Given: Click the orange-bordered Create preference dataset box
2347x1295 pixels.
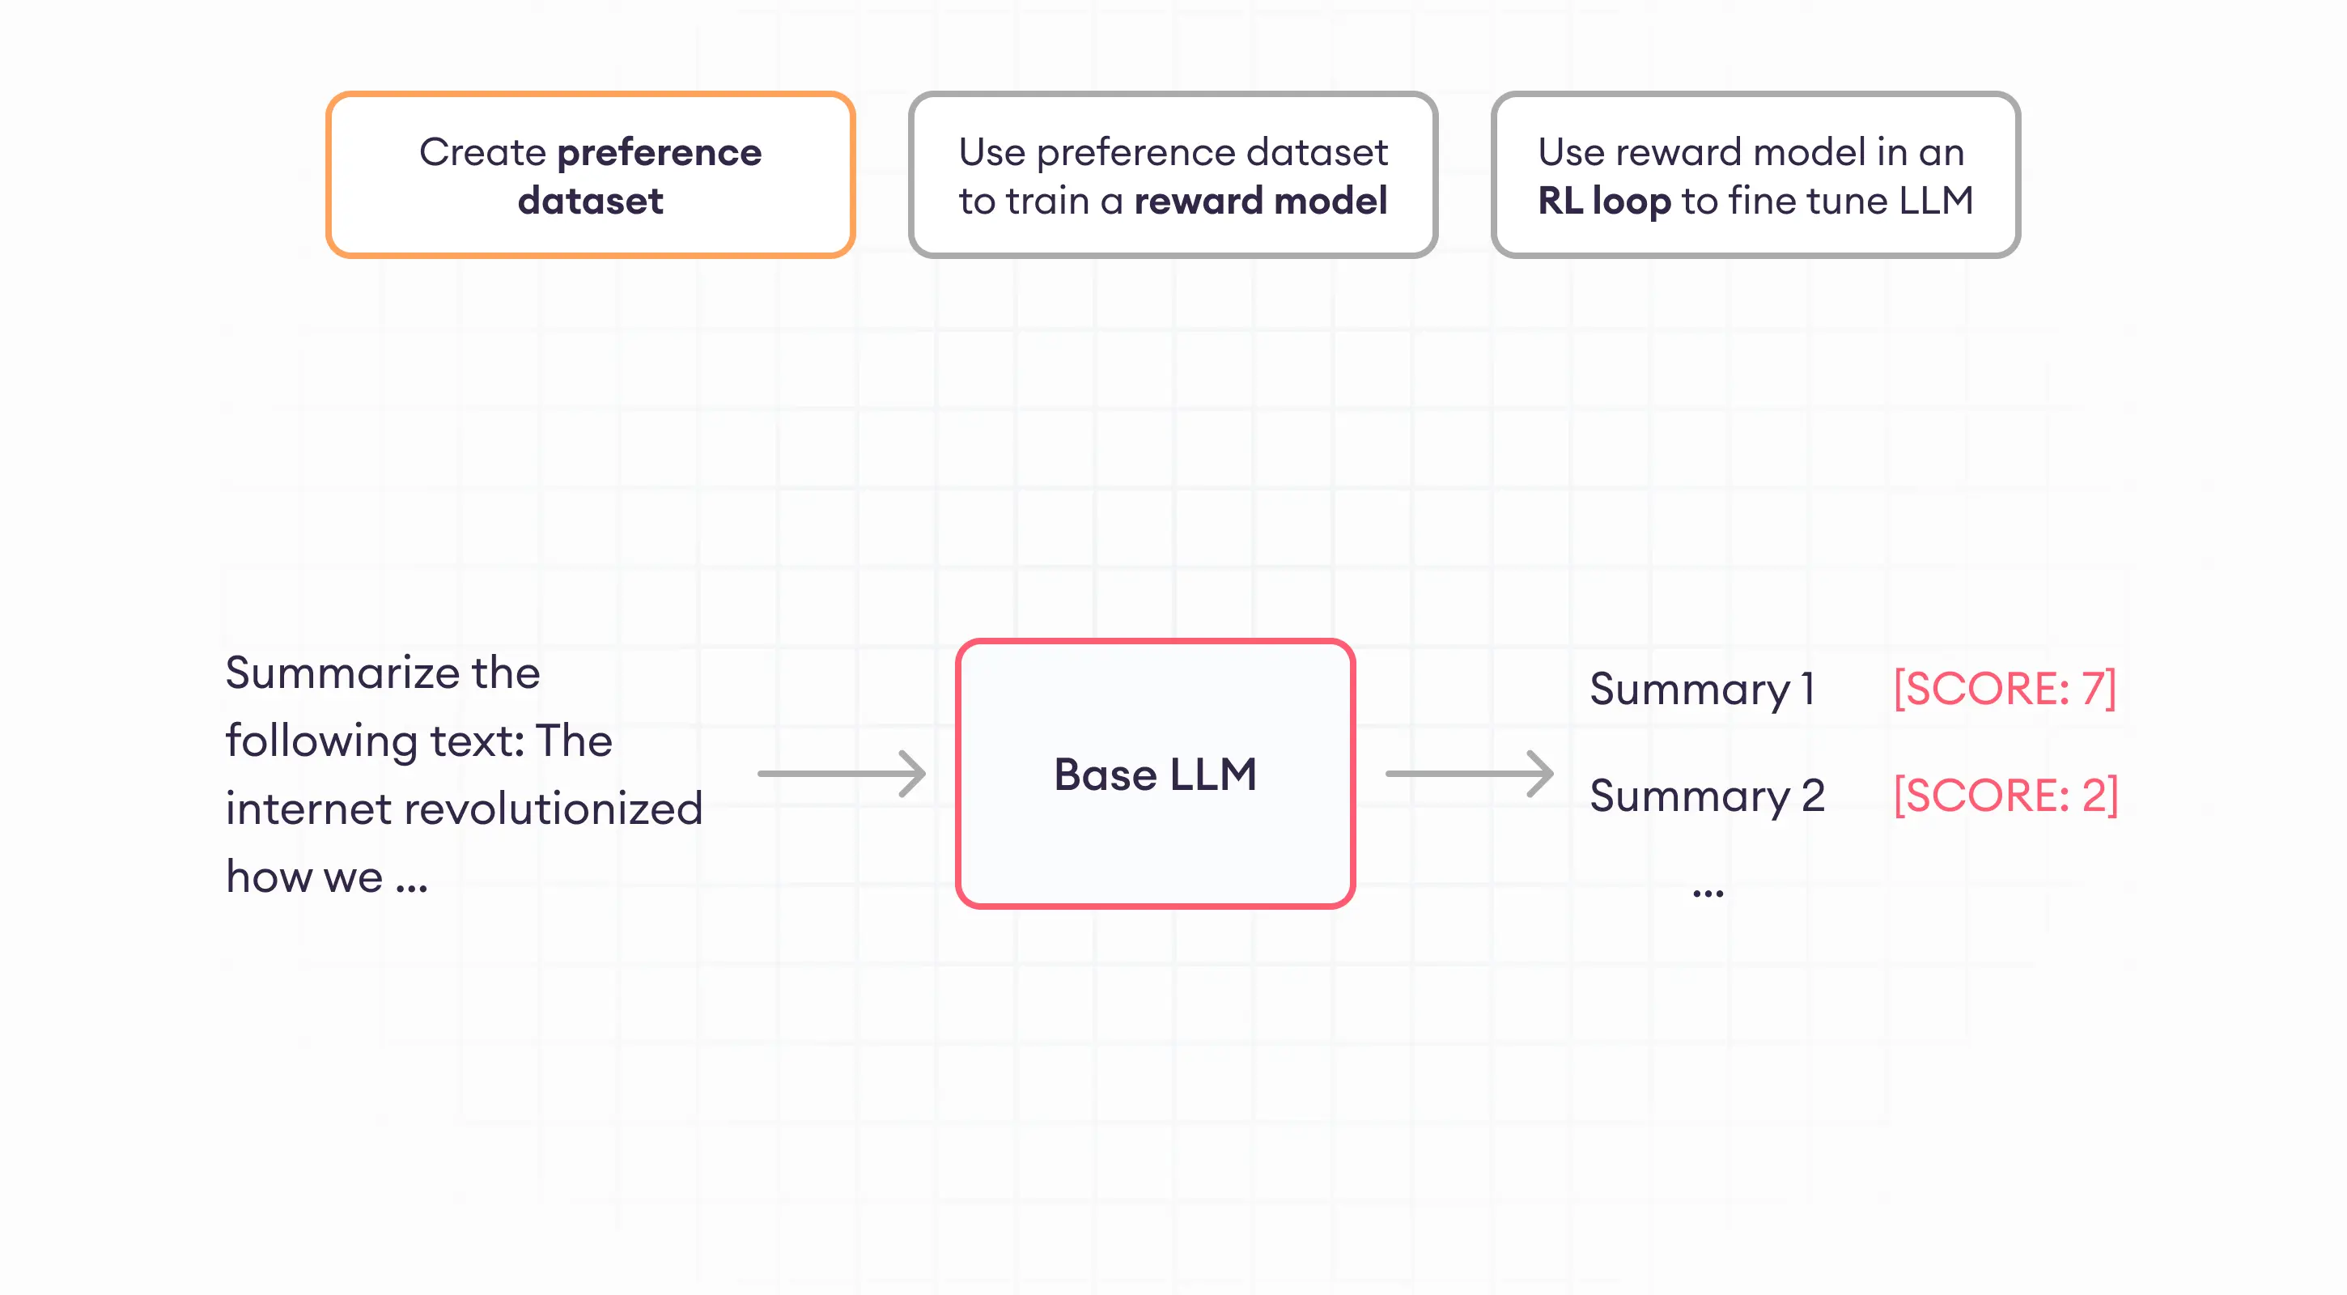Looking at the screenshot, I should pos(591,175).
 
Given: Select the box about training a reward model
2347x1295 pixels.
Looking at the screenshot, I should pos(1173,175).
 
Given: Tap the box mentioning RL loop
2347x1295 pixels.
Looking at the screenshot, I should pos(1755,175).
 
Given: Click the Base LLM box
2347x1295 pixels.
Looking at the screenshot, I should pos(1155,774).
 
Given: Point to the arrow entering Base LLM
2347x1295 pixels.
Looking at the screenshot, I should pos(842,774).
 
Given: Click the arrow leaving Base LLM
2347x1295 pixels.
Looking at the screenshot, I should pos(1469,774).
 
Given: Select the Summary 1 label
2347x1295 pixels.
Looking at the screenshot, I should pos(1702,689).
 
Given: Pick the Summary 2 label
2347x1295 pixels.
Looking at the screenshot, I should pos(1707,796).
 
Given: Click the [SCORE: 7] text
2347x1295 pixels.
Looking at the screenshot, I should pos(2004,689).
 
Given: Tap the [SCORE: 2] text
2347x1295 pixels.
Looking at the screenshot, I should pos(2005,796).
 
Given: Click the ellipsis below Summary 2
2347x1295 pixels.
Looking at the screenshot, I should pos(1708,893).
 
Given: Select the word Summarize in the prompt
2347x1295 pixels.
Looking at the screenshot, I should pos(342,673).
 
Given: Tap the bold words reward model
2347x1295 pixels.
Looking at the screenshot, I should pos(1260,201).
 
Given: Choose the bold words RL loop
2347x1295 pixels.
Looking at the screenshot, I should pos(1603,201).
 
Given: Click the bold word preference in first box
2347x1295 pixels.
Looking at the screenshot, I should pos(659,152).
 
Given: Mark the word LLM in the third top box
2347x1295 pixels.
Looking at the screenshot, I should pos(1935,201).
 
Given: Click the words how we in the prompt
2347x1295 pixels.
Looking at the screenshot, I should pos(304,877).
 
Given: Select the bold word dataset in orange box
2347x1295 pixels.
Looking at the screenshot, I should pos(591,201).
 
